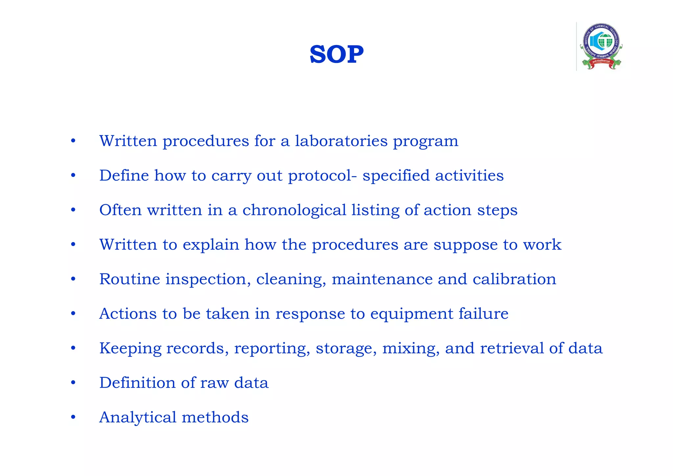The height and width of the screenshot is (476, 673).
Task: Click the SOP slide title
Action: pos(336,54)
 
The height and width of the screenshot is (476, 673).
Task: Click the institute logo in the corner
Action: pos(601,46)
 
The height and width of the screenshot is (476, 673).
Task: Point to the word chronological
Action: pos(294,210)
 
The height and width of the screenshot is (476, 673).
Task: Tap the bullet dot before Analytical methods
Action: pos(73,417)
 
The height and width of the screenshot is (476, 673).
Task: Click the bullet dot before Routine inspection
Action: pos(73,279)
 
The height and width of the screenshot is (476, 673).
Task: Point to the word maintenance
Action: pos(382,279)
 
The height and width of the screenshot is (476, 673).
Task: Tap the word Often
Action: pos(120,210)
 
